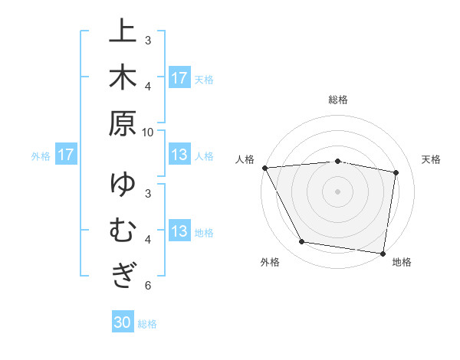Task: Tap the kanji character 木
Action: coord(122,77)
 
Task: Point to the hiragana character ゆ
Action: coord(122,185)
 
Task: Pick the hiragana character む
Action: coord(122,231)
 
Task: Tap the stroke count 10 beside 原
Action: coord(148,132)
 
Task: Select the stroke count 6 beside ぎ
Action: coord(148,285)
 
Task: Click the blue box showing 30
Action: coord(123,322)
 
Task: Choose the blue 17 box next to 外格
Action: coord(66,155)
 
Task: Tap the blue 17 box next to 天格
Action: coord(179,77)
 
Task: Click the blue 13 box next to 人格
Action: coord(179,155)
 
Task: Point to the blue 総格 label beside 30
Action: coord(147,323)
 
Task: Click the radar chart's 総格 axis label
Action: coord(337,100)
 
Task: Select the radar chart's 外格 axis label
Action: coord(270,262)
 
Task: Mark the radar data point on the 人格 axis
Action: coord(264,168)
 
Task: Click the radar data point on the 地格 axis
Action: coord(383,253)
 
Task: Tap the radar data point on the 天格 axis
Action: coord(396,172)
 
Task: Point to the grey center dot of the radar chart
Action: coord(337,191)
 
